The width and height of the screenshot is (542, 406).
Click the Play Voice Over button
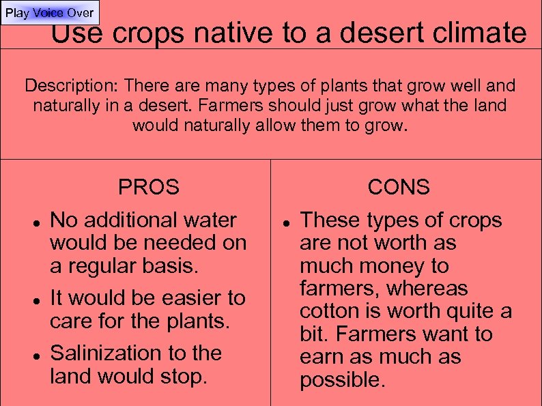(x=49, y=13)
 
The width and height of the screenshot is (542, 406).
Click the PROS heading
(x=148, y=187)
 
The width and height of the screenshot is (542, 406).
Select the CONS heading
(x=399, y=187)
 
